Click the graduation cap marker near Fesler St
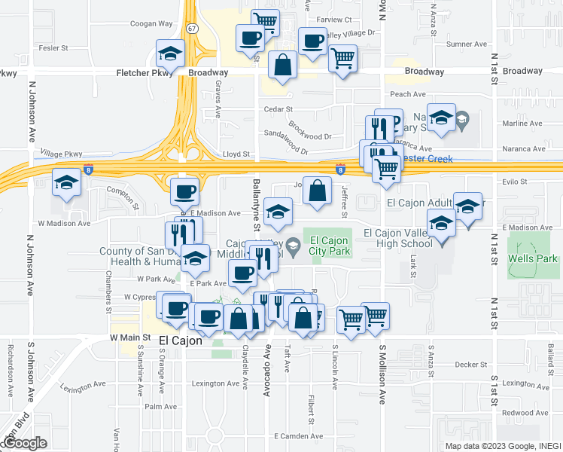171,54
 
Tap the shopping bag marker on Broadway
282,66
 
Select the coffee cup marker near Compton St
184,191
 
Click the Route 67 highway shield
193,29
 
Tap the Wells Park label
537,258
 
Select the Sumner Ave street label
467,44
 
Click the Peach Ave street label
408,94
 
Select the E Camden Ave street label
298,437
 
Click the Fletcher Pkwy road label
145,73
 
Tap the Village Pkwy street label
62,153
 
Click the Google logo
25,443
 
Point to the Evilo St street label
516,182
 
